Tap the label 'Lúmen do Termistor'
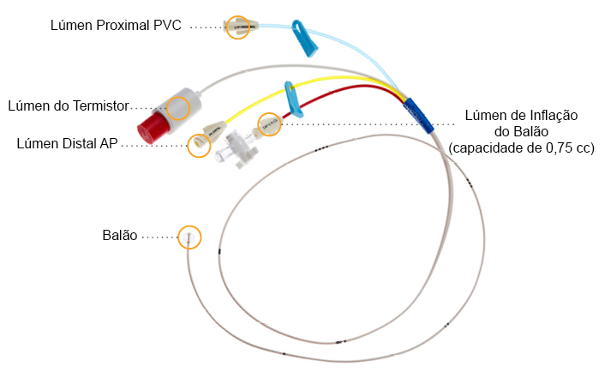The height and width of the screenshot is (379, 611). pos(69,106)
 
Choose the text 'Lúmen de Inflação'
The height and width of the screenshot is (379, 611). pos(521,115)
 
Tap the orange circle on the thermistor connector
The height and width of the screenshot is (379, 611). pos(178,108)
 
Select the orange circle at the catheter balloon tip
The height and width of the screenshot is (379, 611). pos(189,237)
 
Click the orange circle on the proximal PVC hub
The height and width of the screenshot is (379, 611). pos(237,27)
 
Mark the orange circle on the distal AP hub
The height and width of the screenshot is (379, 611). pos(199,144)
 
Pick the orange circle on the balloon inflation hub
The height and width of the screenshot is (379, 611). pos(269,124)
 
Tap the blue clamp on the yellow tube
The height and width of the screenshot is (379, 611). pos(292,99)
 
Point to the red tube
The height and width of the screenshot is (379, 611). pos(343,89)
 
